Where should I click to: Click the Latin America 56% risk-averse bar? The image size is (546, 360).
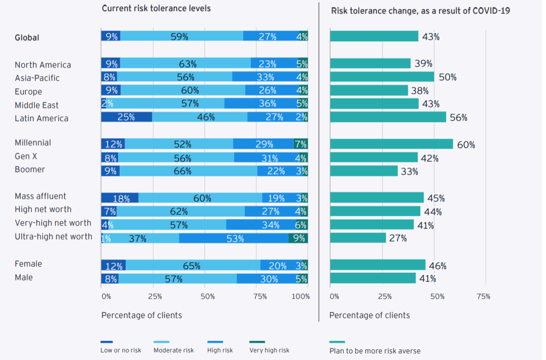coord(388,117)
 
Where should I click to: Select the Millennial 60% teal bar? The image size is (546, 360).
coord(391,144)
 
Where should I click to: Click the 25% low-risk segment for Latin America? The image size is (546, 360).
coord(126,117)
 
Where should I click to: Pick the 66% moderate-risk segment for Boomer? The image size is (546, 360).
coord(188,171)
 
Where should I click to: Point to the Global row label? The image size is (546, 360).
coord(27,38)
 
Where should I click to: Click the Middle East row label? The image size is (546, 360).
coord(36,105)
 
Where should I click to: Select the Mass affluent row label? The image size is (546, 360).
coord(40,197)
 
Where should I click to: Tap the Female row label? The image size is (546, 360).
coord(28,264)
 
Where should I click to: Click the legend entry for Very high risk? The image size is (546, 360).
coord(269,350)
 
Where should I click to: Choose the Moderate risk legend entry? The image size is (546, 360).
coord(173,350)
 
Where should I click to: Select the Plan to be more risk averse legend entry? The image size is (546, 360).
coord(374,351)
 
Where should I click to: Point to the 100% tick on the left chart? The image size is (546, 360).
coord(301,296)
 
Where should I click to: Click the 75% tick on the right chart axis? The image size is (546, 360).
coord(483,296)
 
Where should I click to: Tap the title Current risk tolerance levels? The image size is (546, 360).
coord(156,9)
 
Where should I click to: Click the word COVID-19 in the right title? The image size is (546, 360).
coord(488,11)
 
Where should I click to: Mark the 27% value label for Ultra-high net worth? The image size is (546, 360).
coord(398,238)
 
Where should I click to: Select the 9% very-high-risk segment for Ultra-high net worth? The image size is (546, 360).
coord(298,238)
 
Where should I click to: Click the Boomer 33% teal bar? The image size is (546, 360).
coord(363,171)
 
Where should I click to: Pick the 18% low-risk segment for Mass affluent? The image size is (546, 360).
coord(120,198)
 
